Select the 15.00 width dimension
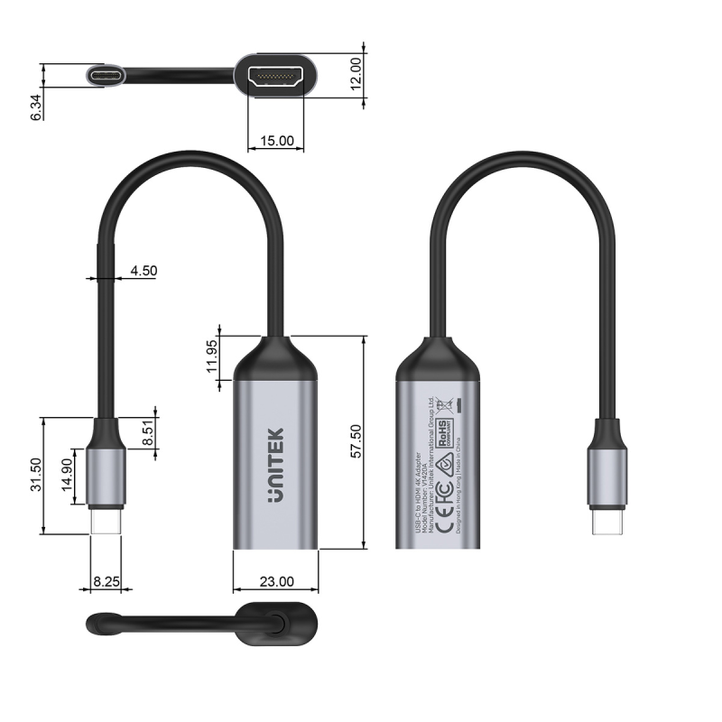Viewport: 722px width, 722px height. (x=276, y=141)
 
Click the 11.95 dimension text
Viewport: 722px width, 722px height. (x=212, y=358)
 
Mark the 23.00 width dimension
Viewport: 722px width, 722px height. (x=275, y=581)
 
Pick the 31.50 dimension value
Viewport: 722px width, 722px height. (x=36, y=475)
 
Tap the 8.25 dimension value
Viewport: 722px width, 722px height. (x=106, y=582)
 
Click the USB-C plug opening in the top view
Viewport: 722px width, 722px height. (x=107, y=75)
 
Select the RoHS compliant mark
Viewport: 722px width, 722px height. (x=445, y=432)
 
